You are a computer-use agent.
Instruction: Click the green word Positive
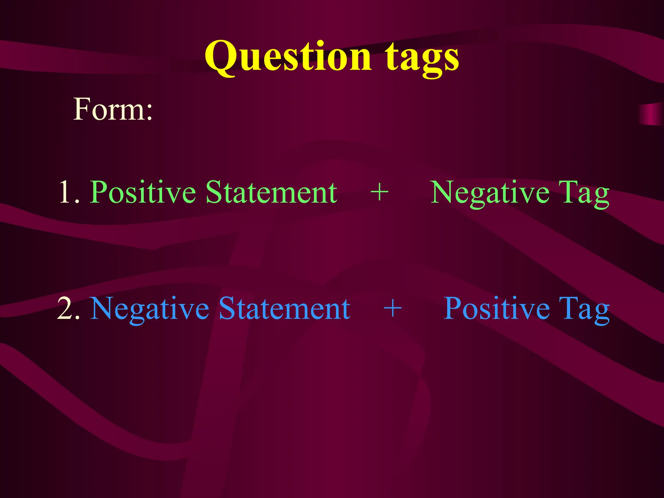tap(143, 193)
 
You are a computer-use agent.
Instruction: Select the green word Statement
tap(271, 193)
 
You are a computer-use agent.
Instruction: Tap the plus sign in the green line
tap(379, 193)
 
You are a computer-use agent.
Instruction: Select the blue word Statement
tap(284, 309)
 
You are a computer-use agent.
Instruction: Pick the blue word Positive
tap(496, 309)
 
